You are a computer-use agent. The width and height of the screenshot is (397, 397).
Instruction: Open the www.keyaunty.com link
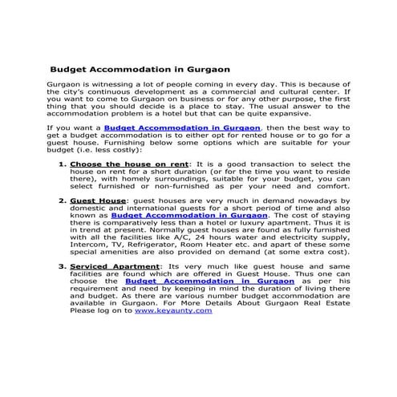[162, 310]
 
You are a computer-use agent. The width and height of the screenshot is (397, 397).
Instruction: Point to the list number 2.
[63, 200]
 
